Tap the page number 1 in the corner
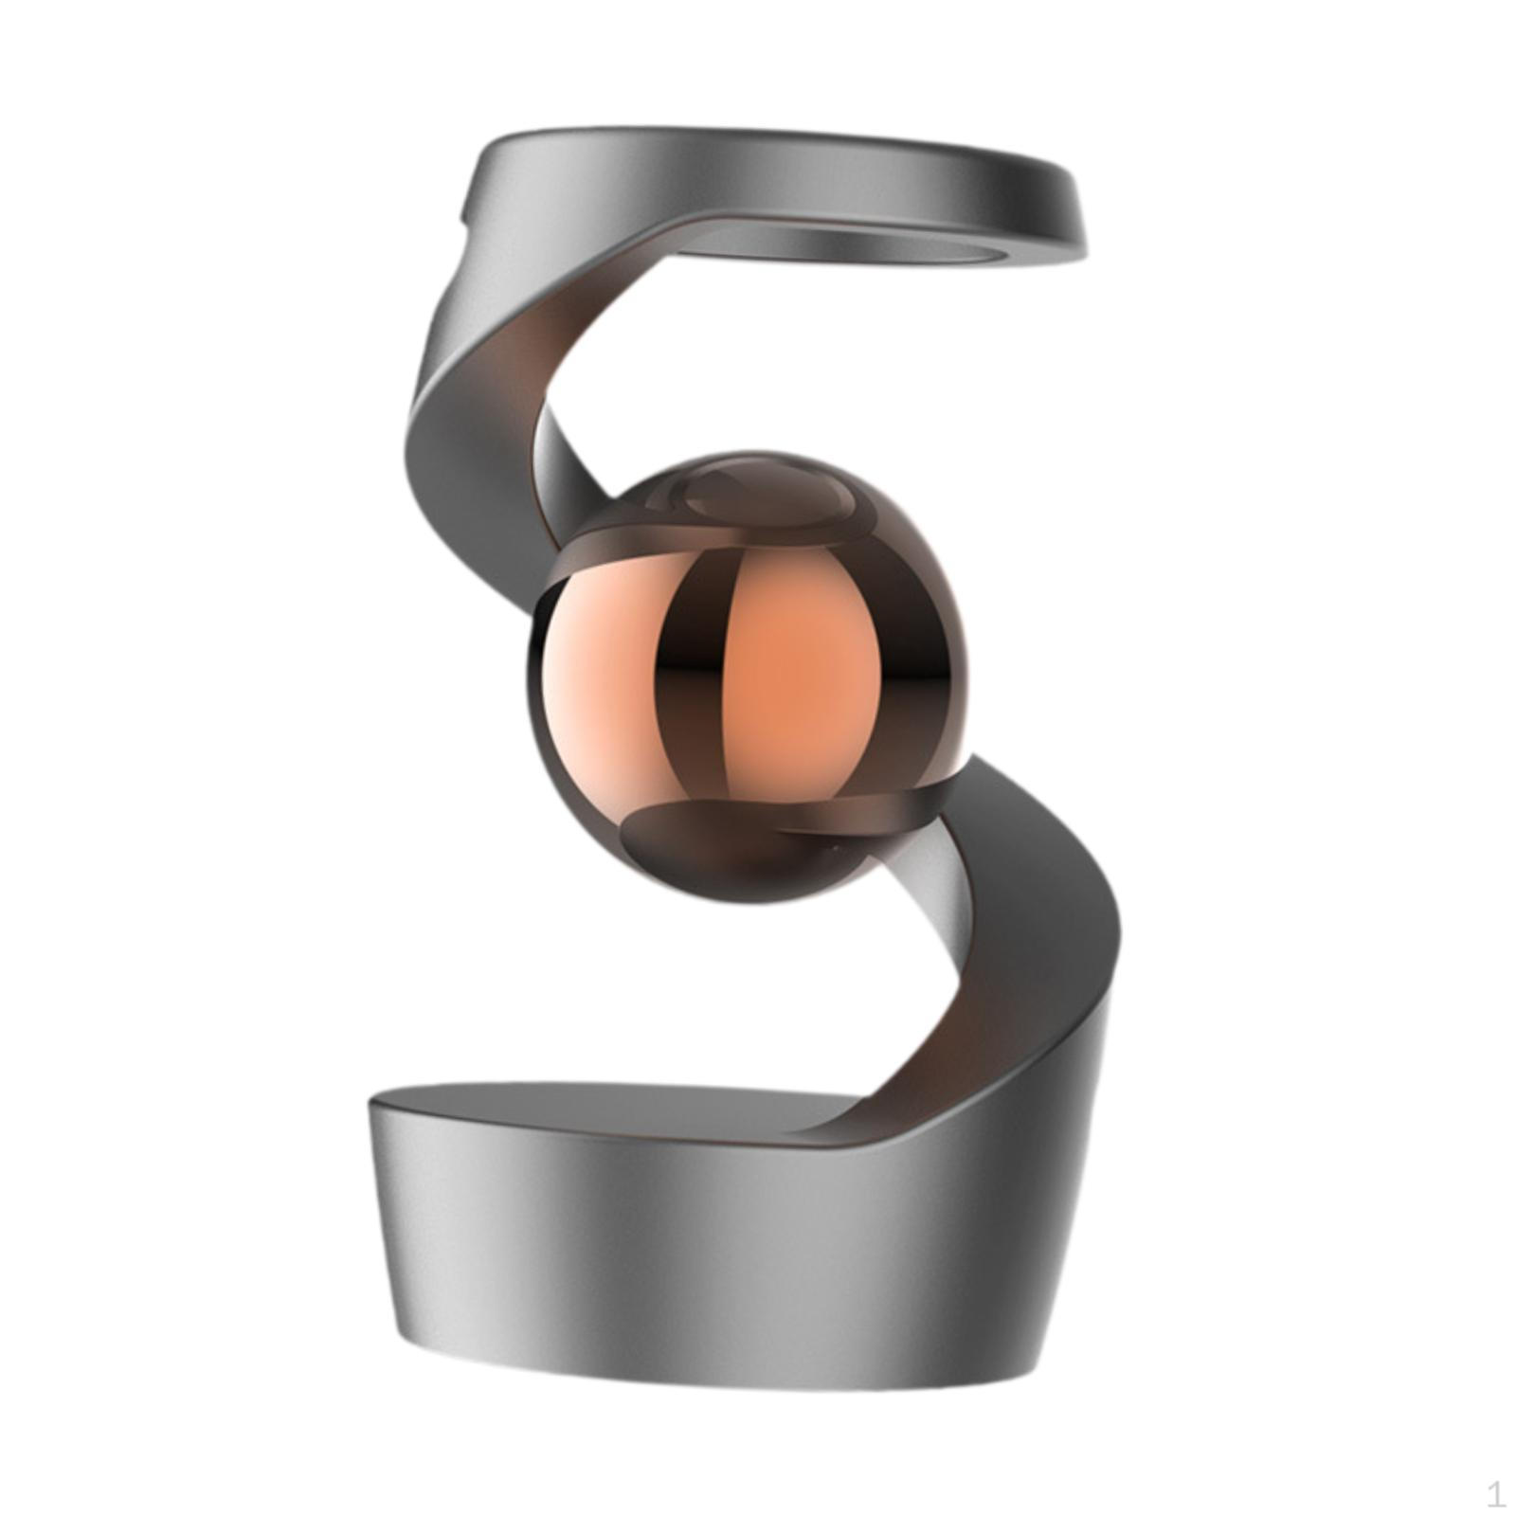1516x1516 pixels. pos(1495,1494)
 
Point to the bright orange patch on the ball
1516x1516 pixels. pos(801,663)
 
